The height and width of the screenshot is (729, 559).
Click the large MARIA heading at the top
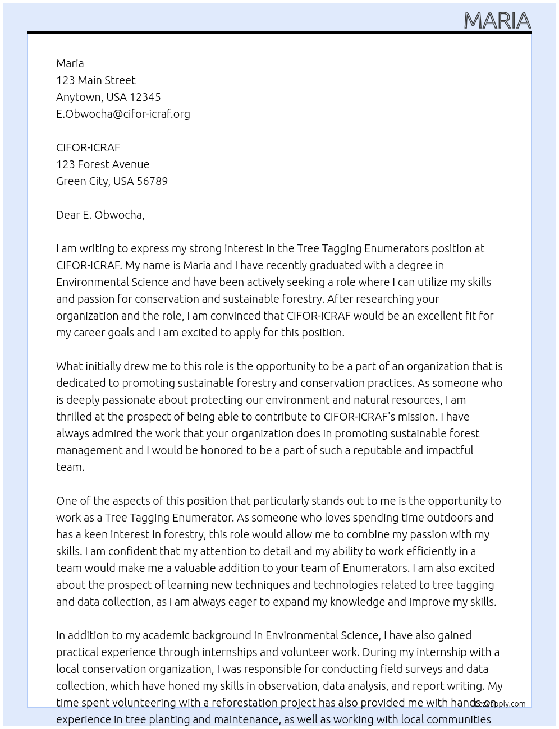[x=497, y=21]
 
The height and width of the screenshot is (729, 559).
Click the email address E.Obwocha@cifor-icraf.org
[x=123, y=114]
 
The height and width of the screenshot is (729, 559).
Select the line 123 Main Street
[x=95, y=80]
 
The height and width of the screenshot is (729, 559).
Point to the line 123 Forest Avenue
[x=103, y=164]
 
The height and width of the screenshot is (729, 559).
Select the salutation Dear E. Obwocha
[x=100, y=215]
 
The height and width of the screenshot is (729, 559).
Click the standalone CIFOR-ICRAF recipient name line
[x=88, y=147]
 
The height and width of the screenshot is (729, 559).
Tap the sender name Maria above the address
[x=70, y=63]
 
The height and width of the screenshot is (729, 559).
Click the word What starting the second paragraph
[x=70, y=366]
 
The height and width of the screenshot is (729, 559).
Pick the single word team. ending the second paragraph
[x=70, y=467]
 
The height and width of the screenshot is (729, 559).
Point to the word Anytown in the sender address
[x=79, y=97]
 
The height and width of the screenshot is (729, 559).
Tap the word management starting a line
[x=89, y=450]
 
